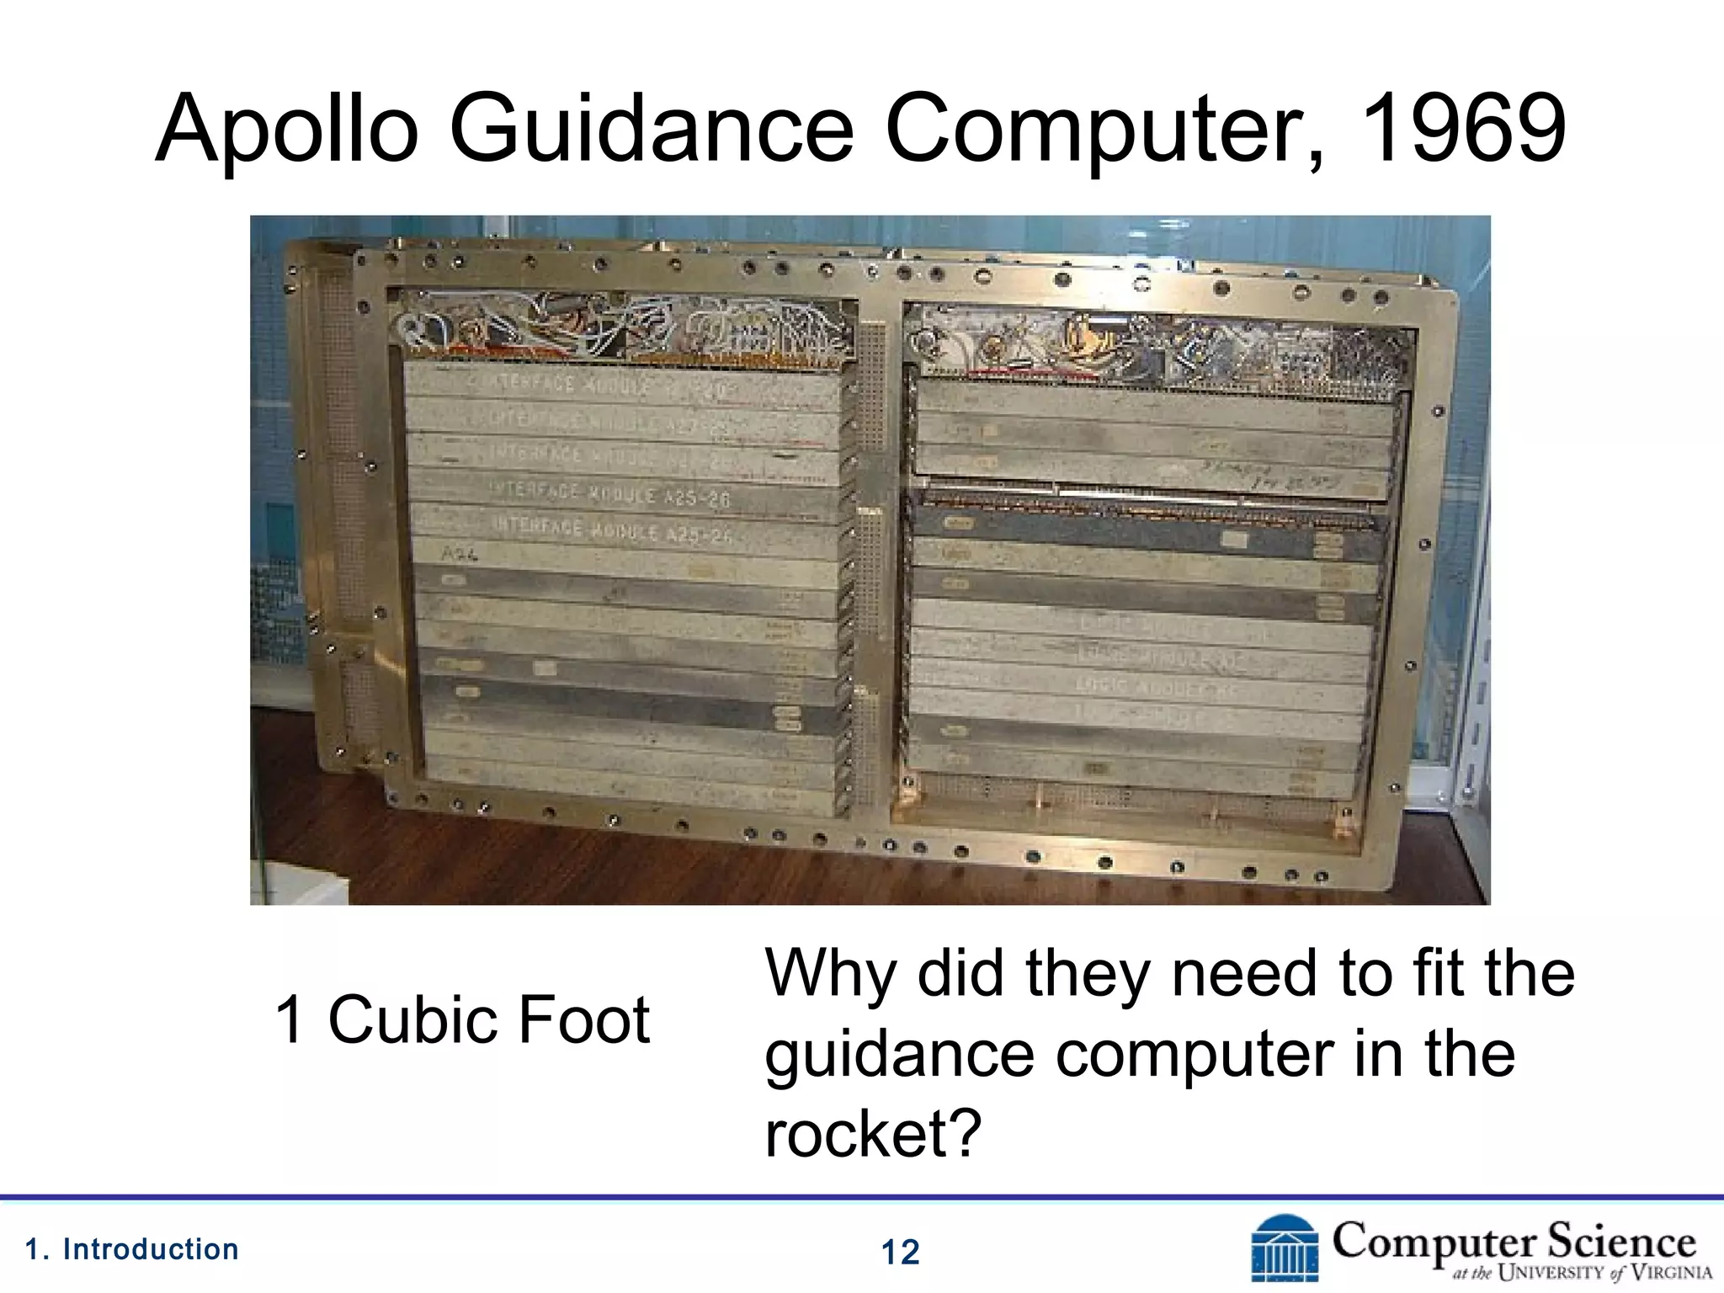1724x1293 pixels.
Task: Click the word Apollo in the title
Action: tap(286, 130)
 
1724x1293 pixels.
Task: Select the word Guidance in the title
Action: tap(651, 130)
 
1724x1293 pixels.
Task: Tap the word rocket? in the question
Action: tap(873, 1133)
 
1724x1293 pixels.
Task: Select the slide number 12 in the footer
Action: tap(900, 1253)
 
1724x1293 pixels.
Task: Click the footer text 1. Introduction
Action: tap(132, 1249)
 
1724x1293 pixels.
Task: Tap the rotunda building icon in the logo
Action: tap(1285, 1249)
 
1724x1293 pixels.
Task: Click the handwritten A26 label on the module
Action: tap(460, 554)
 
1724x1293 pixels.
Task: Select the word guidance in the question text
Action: tap(899, 1054)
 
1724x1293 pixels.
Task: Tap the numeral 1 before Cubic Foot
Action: tap(289, 1019)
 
